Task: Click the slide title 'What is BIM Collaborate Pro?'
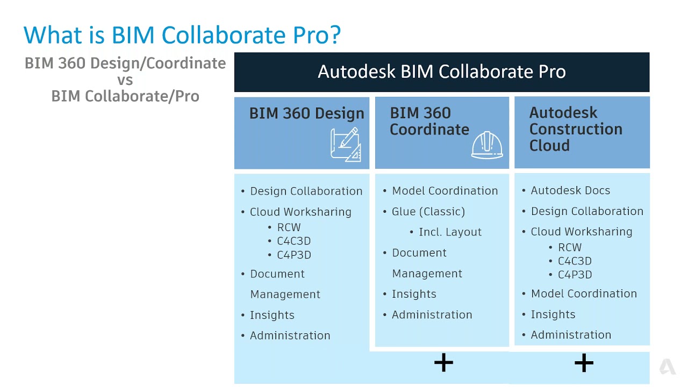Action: (182, 35)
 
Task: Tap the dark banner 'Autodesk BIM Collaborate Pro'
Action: (441, 72)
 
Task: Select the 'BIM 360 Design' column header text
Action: (306, 113)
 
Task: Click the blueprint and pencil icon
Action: (345, 145)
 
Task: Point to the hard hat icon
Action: (486, 145)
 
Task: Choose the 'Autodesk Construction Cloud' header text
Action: (576, 129)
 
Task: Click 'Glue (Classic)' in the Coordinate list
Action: (428, 211)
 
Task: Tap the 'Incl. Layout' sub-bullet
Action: (450, 232)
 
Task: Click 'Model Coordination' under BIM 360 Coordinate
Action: (445, 191)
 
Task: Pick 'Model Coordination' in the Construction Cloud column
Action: (584, 293)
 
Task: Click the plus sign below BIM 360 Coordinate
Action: (443, 363)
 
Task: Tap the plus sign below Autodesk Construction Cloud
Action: (584, 363)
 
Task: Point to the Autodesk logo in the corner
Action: (667, 367)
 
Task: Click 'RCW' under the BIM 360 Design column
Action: (289, 227)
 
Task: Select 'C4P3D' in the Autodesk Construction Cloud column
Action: (575, 275)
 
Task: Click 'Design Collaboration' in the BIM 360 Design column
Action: (306, 191)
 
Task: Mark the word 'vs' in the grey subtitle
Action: (125, 80)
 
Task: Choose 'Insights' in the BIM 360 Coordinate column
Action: (414, 294)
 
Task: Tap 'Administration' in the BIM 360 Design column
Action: (290, 335)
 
